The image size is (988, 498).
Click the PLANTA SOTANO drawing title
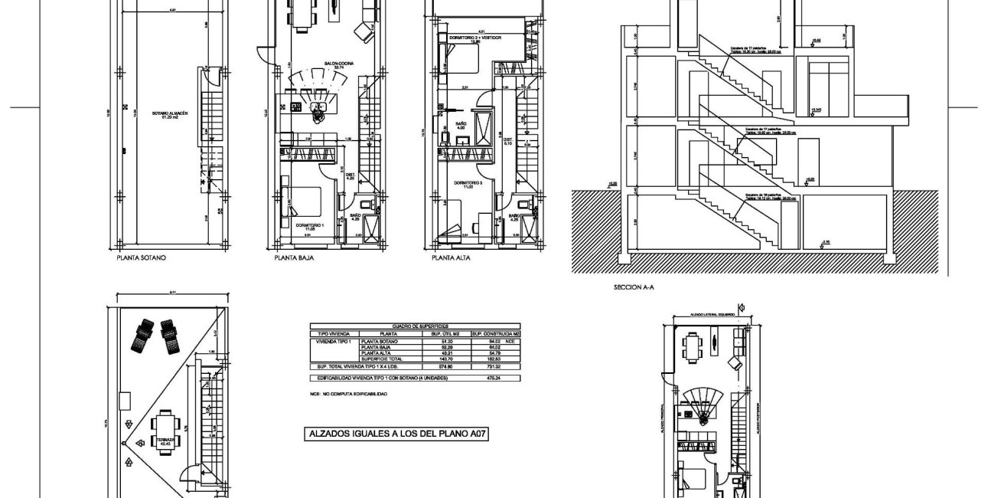[x=142, y=258]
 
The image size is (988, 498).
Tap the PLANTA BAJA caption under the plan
[x=294, y=258]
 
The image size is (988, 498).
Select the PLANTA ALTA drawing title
[x=451, y=258]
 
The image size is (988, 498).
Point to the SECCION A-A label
[x=634, y=288]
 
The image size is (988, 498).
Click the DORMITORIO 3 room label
[x=468, y=185]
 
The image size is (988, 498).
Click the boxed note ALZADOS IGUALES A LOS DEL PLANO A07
[x=398, y=434]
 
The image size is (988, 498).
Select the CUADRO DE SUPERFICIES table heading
[x=413, y=326]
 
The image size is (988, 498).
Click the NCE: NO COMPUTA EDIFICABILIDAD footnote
[x=348, y=394]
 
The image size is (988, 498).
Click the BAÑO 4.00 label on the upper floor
[x=461, y=126]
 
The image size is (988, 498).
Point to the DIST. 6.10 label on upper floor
[x=507, y=140]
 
